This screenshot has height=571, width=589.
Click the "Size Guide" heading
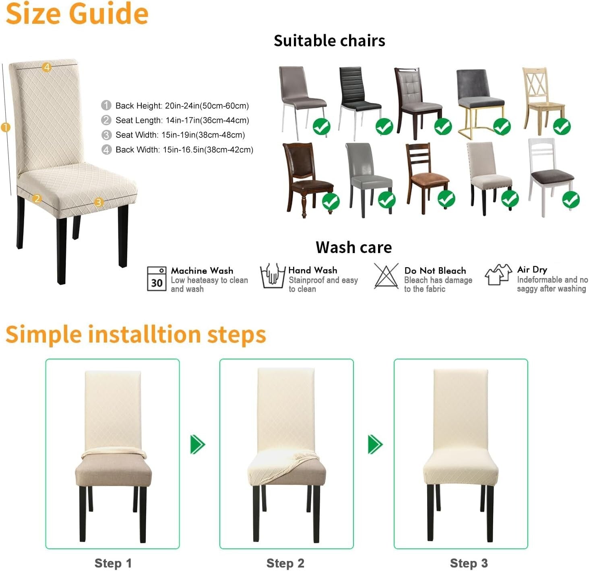coord(77,14)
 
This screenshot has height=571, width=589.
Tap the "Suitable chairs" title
coord(329,41)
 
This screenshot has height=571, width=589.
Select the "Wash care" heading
coord(353,247)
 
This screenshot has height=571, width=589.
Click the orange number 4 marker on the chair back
coord(47,67)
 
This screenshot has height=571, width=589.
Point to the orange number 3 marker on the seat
coord(99,202)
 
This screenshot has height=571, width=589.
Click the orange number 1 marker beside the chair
coord(6,128)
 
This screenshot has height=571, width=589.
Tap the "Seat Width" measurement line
coord(180,135)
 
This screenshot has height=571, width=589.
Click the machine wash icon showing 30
coord(157,278)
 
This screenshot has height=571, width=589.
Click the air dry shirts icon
coord(498,275)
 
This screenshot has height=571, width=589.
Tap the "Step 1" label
coord(113,563)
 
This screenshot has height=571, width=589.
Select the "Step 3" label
coord(469,563)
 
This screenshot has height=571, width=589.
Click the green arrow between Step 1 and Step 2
coord(198,444)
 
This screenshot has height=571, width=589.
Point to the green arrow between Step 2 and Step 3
coord(375,444)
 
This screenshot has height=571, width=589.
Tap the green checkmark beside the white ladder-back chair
coord(570,199)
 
